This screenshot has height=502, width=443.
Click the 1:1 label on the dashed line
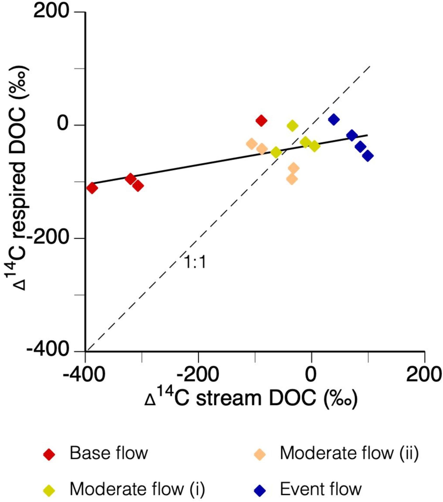pos(195,262)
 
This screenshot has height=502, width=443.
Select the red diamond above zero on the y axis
pos(261,120)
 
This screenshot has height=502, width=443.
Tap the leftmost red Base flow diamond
pos(92,188)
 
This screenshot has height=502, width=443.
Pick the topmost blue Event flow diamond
pos(334,120)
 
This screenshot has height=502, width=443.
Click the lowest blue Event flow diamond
pos(368,156)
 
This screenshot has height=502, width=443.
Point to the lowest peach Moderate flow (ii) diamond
pos(292,179)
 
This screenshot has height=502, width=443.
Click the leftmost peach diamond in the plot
pos(252,144)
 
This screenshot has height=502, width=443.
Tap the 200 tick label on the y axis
pos(51,12)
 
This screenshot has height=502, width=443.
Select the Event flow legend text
pos(321,489)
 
